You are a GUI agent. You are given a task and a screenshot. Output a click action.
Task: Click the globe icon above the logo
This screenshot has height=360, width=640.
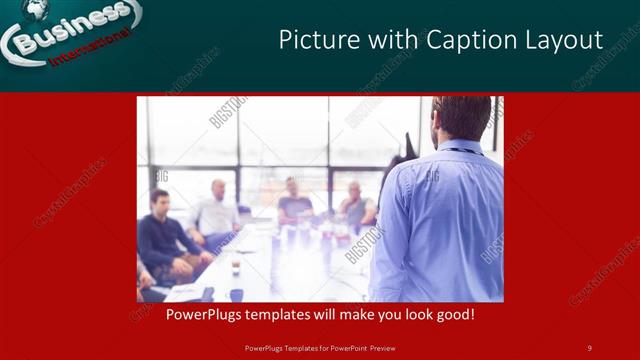pyautogui.click(x=37, y=9)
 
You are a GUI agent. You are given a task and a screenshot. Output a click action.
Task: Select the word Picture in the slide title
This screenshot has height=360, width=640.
pyautogui.click(x=313, y=40)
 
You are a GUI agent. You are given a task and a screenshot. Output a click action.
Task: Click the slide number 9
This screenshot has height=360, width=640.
pyautogui.click(x=589, y=348)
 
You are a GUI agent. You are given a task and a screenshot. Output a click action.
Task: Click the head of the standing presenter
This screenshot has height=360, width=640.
pyautogui.click(x=462, y=118)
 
